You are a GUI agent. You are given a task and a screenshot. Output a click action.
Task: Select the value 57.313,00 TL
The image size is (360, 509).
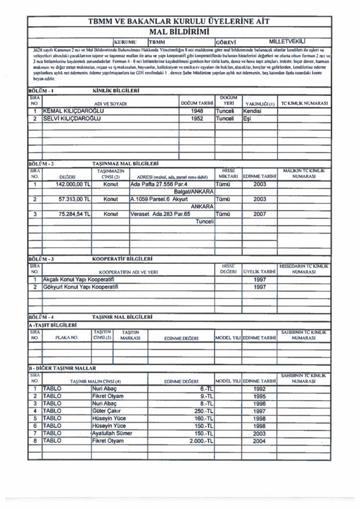[66, 201]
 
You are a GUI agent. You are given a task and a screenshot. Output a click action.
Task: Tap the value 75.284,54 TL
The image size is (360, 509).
[66, 217]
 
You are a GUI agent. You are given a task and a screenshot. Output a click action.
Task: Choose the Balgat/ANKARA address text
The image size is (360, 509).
[193, 192]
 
